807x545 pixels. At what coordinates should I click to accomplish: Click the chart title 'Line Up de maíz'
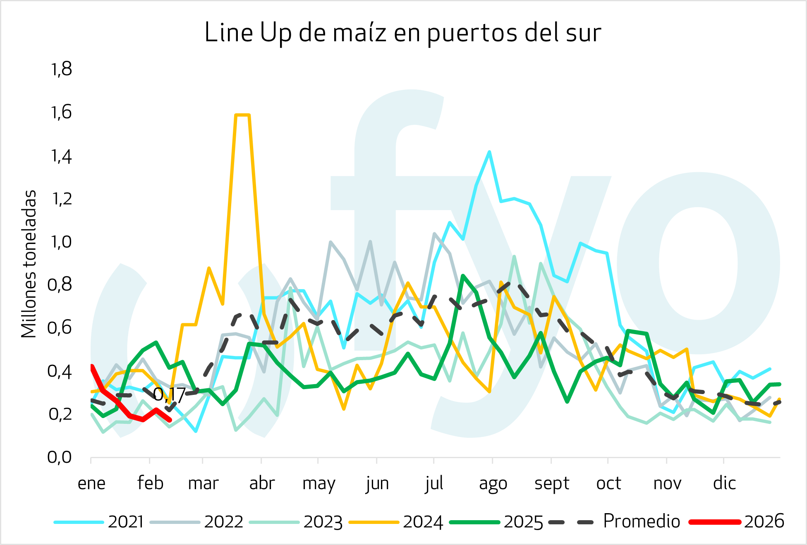tap(402, 33)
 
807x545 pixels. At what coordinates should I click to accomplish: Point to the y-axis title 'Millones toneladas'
tap(29, 264)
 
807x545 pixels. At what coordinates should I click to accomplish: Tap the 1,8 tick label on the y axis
tap(61, 69)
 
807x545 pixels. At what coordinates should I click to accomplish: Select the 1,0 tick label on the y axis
tap(61, 241)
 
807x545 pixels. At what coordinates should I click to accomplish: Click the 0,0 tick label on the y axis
tap(60, 457)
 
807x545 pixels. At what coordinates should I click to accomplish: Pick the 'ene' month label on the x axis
tap(91, 483)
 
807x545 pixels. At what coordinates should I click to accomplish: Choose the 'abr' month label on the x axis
tap(262, 483)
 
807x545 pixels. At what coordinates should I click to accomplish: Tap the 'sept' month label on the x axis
tap(552, 483)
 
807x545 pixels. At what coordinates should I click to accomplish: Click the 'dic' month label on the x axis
tap(724, 483)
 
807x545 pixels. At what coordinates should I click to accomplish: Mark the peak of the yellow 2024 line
tap(242, 115)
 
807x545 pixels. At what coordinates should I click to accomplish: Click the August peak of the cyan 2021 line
tap(489, 152)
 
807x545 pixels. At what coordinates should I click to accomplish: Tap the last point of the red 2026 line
tap(170, 420)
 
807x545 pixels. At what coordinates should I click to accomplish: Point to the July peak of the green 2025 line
tap(463, 275)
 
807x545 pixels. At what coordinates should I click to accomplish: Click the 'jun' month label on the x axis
tap(377, 483)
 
